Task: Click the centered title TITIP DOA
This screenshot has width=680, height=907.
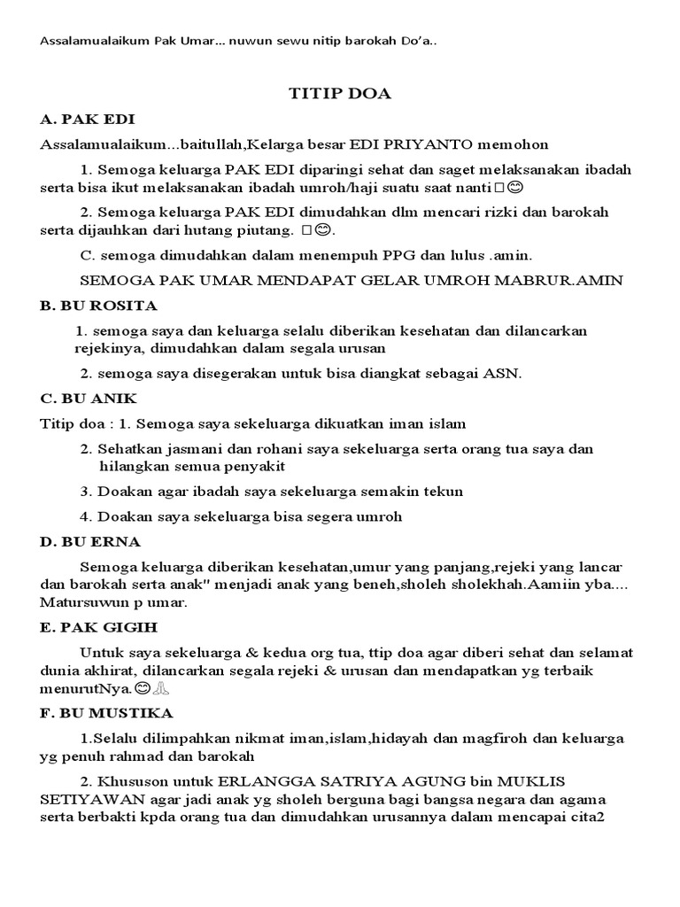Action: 340,93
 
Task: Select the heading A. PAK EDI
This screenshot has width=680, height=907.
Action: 87,119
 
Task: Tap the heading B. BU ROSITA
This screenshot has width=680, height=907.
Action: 98,306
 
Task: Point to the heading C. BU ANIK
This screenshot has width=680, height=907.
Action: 89,398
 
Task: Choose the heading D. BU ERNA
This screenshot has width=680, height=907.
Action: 89,541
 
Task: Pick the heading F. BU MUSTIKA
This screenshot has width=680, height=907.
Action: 106,712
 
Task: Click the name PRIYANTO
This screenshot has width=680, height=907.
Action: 429,143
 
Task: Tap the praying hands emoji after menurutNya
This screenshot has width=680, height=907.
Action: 162,687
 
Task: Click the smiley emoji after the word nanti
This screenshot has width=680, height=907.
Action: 517,188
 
